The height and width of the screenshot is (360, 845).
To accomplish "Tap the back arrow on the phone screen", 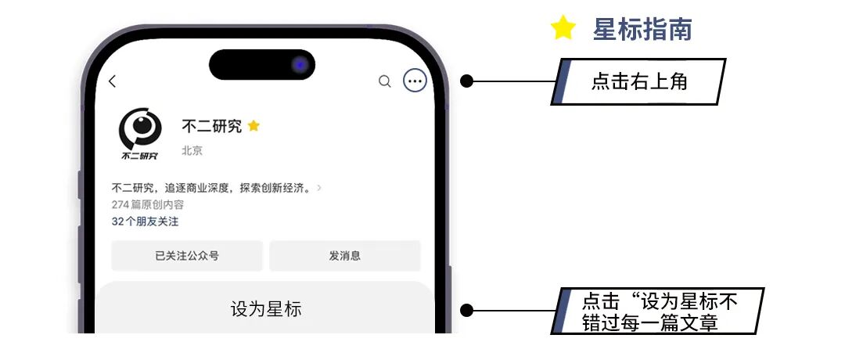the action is tap(113, 81).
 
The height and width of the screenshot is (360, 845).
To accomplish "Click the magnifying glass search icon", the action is tap(384, 81).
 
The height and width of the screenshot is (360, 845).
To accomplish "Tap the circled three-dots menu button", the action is tap(415, 81).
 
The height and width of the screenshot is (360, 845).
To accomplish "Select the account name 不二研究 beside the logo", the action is tap(211, 126).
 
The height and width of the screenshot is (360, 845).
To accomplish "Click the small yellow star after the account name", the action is tap(253, 126).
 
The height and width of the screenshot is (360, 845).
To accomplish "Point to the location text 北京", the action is tap(192, 150).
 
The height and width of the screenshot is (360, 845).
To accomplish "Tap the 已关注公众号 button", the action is tap(187, 256).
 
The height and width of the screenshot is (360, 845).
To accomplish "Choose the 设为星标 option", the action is tap(266, 309).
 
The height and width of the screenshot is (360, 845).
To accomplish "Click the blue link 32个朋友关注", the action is tap(145, 221).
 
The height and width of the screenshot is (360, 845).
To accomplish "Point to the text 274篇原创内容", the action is tap(148, 205).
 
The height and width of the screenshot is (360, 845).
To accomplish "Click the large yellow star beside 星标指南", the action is tap(563, 29).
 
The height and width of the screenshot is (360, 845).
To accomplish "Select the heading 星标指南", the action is tap(642, 30).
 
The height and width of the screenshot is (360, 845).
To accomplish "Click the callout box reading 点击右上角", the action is tap(639, 81).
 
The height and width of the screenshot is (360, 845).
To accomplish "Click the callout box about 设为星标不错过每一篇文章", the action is tap(659, 311).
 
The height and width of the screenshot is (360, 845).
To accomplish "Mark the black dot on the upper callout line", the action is tap(466, 81).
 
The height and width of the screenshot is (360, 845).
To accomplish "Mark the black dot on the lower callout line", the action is tap(466, 311).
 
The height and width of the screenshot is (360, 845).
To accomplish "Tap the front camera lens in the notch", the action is tap(300, 65).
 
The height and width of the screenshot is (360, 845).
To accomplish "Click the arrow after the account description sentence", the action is tap(319, 188).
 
